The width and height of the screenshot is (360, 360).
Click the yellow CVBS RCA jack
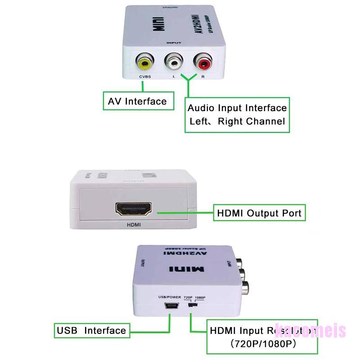pos(144,64)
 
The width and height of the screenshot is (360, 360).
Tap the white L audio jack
pos(173,63)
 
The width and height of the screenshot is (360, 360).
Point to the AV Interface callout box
pos(137,101)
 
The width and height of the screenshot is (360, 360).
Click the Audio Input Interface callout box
pos(237,115)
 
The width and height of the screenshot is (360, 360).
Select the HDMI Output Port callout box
pos(259,213)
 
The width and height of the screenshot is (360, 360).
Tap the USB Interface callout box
pos(91,331)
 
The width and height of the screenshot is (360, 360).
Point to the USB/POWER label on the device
pos(169,297)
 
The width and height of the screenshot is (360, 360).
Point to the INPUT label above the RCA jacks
pos(174,43)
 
